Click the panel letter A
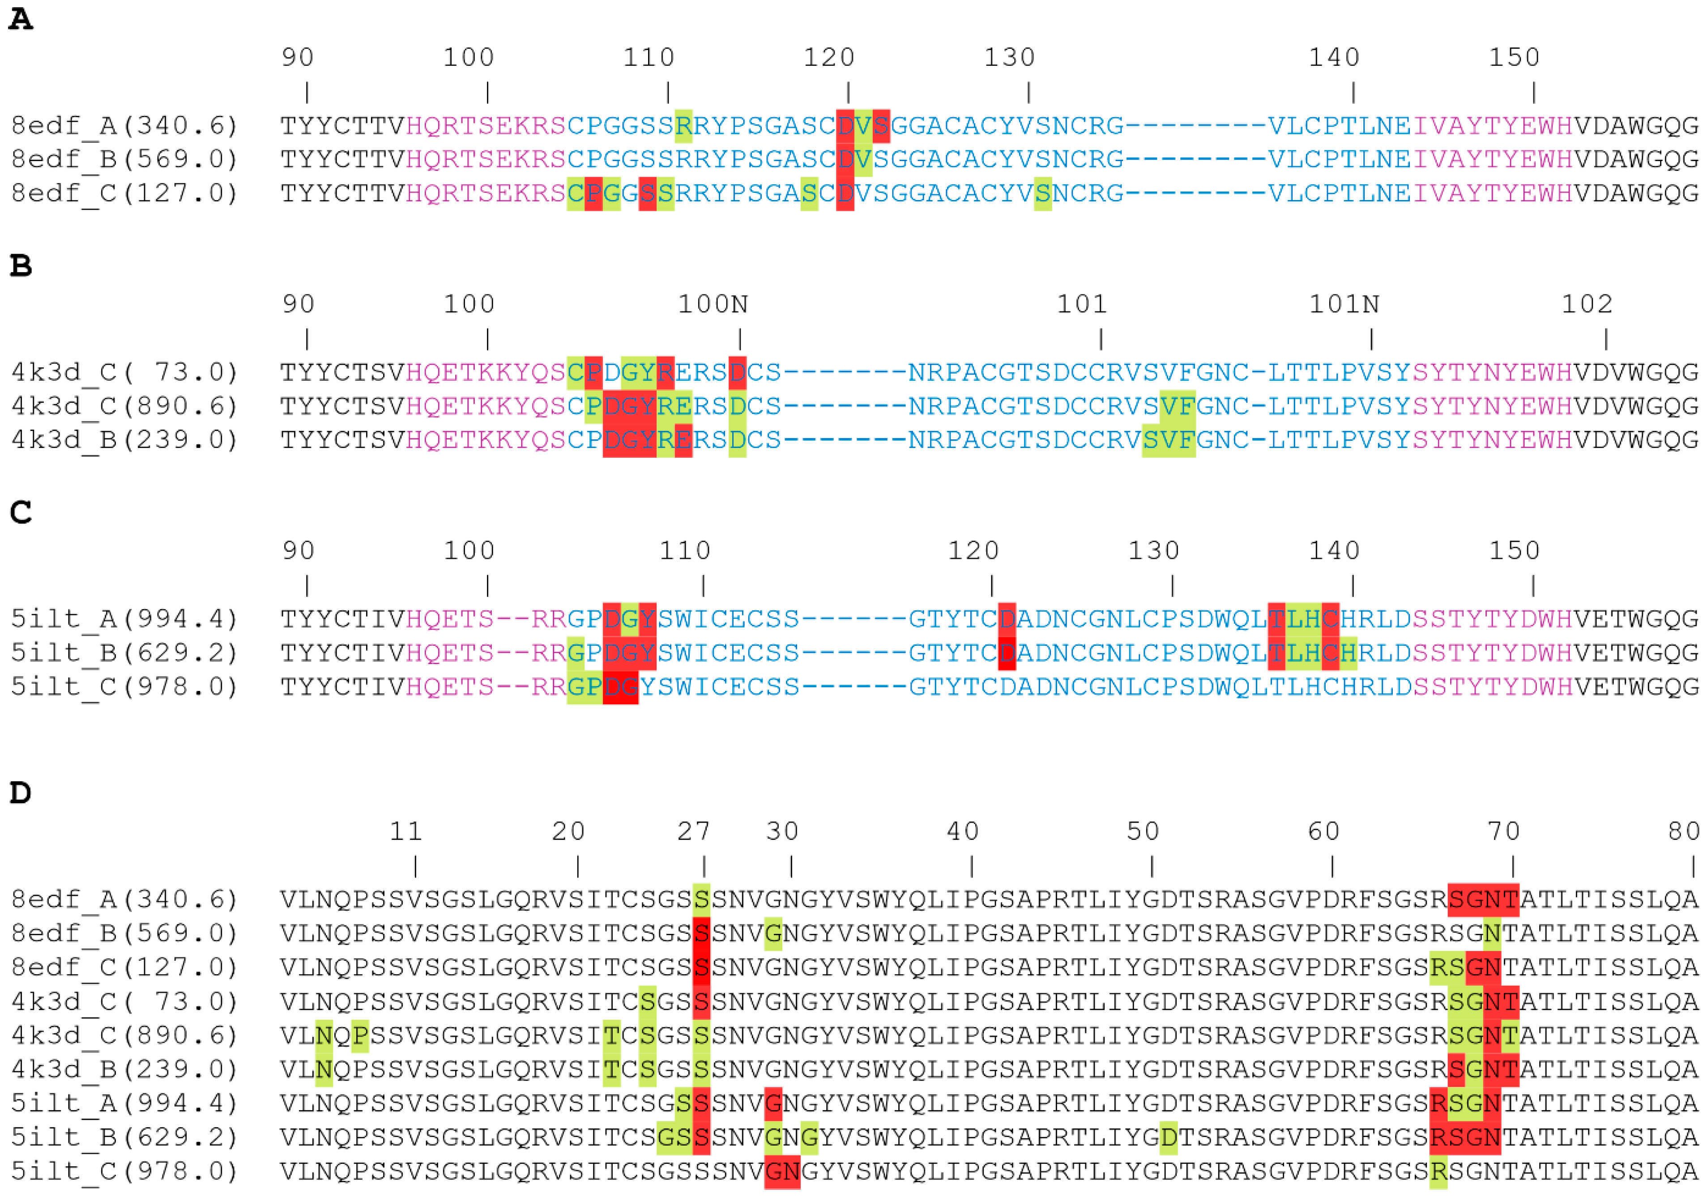point(21,19)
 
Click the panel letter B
point(21,265)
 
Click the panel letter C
point(21,512)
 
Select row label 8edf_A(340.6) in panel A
point(124,126)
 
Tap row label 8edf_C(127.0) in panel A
point(124,193)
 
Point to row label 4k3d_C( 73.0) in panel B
point(124,372)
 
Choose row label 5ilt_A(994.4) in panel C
point(124,618)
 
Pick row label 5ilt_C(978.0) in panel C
point(124,686)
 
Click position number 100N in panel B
point(712,304)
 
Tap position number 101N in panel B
point(1344,304)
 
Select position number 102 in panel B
point(1587,304)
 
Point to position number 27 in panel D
point(693,831)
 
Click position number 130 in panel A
point(1009,57)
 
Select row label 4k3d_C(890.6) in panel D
point(124,1035)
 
